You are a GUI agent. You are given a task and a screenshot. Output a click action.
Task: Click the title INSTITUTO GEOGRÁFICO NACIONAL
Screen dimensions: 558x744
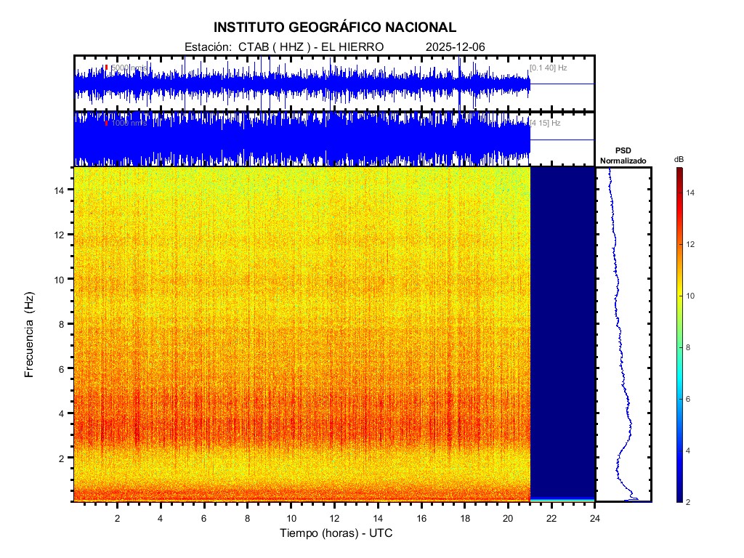[335, 28]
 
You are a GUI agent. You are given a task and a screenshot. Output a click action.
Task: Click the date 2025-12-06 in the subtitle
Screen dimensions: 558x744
[456, 46]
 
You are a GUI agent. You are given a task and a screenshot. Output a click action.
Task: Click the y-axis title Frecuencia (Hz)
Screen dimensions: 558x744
[30, 335]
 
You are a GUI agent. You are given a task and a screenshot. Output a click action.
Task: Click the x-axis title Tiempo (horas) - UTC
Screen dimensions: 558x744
[336, 533]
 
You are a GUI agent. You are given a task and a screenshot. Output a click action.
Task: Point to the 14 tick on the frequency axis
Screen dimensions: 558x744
[62, 190]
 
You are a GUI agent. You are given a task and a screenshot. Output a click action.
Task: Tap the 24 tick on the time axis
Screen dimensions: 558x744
[595, 518]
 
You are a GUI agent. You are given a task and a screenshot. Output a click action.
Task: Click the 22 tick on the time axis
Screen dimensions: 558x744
[551, 518]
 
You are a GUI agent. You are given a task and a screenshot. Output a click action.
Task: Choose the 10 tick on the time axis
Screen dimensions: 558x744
[291, 518]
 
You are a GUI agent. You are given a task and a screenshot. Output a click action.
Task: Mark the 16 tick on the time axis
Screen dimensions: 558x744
[421, 518]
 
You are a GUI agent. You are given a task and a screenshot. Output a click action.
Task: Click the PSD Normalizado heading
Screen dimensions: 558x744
[623, 155]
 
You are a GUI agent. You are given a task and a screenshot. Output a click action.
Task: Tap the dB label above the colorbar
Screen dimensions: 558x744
[679, 159]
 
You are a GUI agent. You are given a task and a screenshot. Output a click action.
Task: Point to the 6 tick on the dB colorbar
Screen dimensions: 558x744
[690, 400]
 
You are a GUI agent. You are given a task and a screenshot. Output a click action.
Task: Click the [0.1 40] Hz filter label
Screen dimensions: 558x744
[549, 68]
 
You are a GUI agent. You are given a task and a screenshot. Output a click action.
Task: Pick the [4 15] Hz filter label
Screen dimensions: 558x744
[546, 123]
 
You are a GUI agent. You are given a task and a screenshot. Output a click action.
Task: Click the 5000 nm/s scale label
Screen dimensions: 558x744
[129, 68]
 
